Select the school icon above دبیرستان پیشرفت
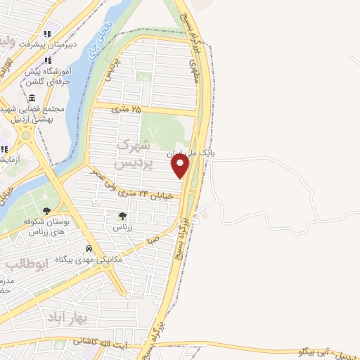click(x=47, y=33)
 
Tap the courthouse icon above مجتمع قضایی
click(x=32, y=98)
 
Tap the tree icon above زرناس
click(x=122, y=217)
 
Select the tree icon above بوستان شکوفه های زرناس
click(x=46, y=210)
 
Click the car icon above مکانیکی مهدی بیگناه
click(x=89, y=249)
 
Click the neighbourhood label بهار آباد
click(x=67, y=318)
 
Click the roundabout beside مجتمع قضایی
click(x=26, y=134)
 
